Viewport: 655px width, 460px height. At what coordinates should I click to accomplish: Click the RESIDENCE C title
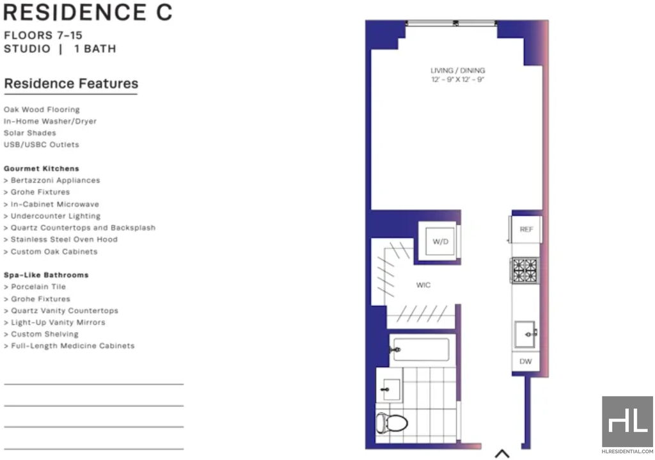[88, 12]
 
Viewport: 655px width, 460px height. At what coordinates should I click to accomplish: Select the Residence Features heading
[71, 84]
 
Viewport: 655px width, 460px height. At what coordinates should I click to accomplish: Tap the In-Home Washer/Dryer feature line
[50, 121]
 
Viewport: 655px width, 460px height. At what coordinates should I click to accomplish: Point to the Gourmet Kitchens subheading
[42, 168]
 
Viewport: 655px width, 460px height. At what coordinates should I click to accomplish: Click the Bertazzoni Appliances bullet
[52, 180]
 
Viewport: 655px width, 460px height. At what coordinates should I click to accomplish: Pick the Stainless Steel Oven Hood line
[61, 239]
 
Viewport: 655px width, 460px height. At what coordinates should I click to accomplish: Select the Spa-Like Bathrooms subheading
[46, 275]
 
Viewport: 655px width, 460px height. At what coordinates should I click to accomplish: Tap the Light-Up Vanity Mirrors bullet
[54, 322]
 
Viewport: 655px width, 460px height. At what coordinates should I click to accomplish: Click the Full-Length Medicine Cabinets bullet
[69, 346]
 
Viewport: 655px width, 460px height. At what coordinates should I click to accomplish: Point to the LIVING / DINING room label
[458, 70]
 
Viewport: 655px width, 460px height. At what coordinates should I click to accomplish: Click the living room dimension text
[458, 79]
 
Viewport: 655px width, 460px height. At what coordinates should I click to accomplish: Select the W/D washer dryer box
[440, 241]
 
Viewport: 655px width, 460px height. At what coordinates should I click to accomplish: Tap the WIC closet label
[423, 285]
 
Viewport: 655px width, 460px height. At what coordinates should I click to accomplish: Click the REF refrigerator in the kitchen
[526, 229]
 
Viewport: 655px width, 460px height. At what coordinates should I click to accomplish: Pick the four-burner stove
[525, 271]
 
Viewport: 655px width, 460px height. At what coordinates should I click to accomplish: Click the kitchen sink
[526, 334]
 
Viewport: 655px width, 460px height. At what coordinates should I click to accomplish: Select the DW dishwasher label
[526, 361]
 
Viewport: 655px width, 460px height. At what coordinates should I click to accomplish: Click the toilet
[391, 423]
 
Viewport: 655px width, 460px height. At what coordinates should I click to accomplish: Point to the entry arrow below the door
[502, 454]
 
